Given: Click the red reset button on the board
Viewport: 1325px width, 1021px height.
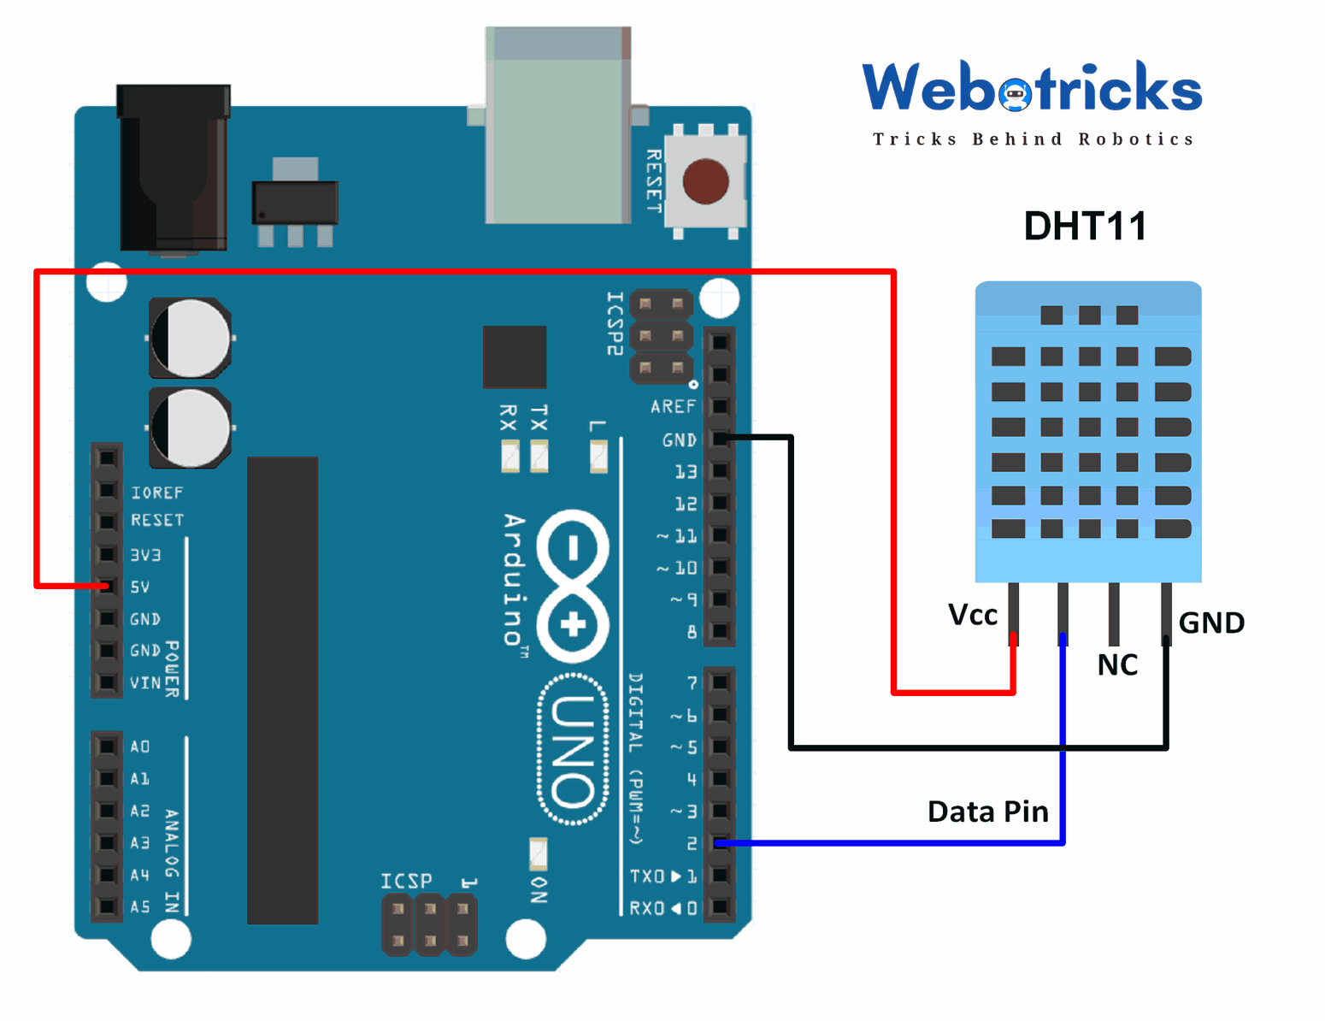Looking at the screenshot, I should click(x=705, y=181).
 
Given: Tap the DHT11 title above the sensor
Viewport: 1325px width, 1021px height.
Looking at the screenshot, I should click(x=1085, y=227).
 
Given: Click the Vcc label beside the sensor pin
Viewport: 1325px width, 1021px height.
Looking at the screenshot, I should click(x=973, y=615).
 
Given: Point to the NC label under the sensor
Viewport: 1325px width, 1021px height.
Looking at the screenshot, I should click(x=1117, y=664).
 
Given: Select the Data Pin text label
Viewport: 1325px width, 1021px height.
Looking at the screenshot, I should click(x=987, y=811).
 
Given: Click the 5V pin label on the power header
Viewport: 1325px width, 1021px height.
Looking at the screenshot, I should click(x=140, y=587).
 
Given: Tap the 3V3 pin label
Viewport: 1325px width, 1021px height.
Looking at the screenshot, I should click(x=145, y=555).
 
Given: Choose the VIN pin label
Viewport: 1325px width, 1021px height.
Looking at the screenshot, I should click(x=144, y=682).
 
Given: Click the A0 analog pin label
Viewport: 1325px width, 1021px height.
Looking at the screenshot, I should click(x=140, y=747).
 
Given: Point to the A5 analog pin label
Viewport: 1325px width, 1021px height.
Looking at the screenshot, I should click(x=140, y=906).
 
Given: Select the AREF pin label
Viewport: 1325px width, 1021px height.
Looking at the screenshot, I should click(x=673, y=407).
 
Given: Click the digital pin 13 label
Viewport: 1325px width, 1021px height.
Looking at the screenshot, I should click(x=686, y=472).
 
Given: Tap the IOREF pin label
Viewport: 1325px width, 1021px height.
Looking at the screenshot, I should click(x=156, y=493).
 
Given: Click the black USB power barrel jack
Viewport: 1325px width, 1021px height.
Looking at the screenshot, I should click(x=174, y=169).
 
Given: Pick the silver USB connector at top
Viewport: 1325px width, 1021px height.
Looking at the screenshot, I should click(x=557, y=126).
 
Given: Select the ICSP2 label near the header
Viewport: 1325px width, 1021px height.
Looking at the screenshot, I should click(x=614, y=323).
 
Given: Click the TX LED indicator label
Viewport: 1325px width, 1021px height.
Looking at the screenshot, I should click(x=539, y=418).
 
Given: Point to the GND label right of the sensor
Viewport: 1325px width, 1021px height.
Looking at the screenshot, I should click(x=1211, y=623).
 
